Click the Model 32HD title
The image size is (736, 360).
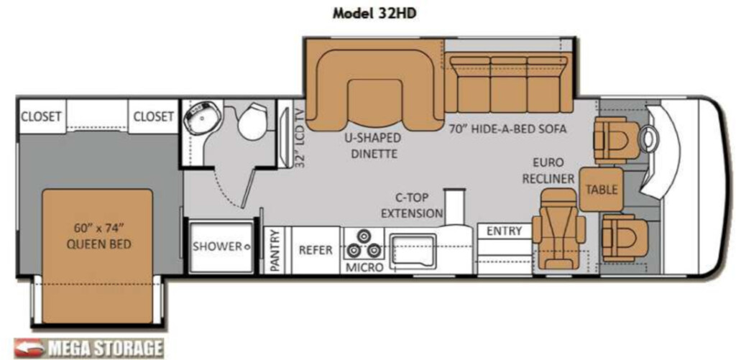point(374,13)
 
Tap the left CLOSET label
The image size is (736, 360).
point(42,116)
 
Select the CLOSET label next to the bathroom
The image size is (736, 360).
point(154,116)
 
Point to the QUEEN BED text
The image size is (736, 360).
point(98,244)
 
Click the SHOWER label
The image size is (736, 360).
point(217,246)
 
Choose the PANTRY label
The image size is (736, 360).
point(275,251)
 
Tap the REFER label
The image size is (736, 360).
point(316,249)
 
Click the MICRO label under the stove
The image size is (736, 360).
point(364,267)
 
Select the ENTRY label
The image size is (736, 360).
point(504,231)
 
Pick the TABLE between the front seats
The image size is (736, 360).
point(602,190)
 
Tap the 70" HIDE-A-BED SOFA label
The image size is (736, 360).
point(507,129)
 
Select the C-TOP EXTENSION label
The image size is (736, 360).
point(412,206)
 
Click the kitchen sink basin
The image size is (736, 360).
point(413,249)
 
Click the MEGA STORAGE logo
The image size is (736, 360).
point(88,349)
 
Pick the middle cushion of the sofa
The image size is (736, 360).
point(508,85)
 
